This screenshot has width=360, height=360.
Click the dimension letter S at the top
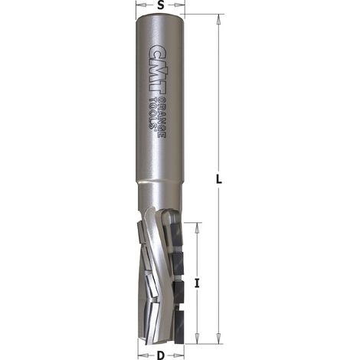[x=160, y=5]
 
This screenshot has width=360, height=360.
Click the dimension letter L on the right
[x=219, y=179]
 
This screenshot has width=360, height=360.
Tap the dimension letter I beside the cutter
[x=197, y=283]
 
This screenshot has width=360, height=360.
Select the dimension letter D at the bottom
[x=160, y=355]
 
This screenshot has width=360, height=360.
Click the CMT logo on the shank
[x=155, y=70]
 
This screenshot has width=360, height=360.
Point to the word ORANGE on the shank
[x=162, y=118]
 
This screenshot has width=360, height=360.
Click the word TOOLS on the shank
[x=154, y=113]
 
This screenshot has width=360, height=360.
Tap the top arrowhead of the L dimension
[x=219, y=20]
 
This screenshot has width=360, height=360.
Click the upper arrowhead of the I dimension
[x=197, y=227]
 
